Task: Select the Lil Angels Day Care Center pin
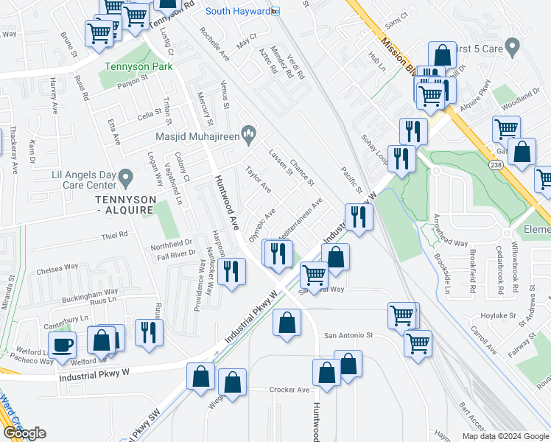tap(125, 178)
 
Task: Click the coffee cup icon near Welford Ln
tap(62, 345)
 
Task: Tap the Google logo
tap(24, 433)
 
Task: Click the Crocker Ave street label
tap(289, 390)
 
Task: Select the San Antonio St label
tap(346, 334)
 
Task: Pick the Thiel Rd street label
tap(115, 235)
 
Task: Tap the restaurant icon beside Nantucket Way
tap(232, 272)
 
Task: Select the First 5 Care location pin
tap(514, 46)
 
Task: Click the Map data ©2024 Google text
tap(505, 436)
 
